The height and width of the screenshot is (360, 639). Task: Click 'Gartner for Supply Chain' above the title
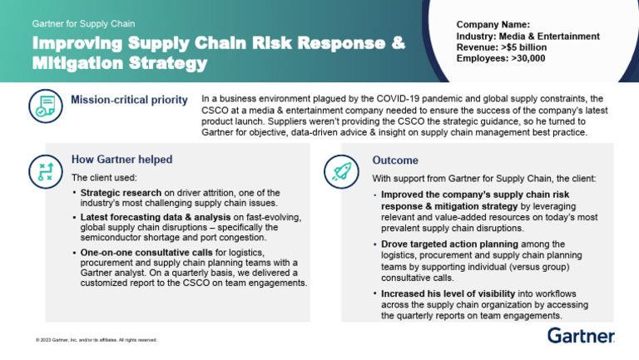(x=83, y=24)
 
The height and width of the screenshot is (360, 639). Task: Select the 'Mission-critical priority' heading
(x=129, y=101)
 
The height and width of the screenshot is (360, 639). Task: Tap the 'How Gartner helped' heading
(x=121, y=160)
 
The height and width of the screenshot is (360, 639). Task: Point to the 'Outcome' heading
(x=395, y=160)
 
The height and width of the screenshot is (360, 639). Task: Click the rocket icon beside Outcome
(x=339, y=169)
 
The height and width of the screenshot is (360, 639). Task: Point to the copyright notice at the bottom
(x=91, y=340)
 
